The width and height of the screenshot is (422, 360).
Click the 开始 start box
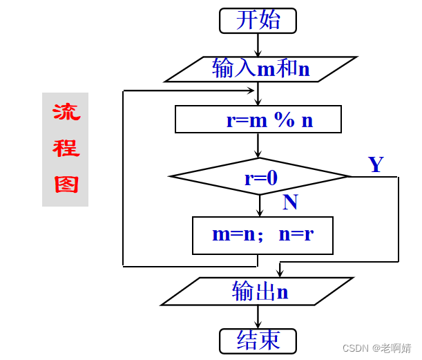click(258, 20)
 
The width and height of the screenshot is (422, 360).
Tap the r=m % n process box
click(258, 119)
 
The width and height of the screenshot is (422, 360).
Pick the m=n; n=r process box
click(262, 235)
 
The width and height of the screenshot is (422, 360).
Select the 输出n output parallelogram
click(257, 292)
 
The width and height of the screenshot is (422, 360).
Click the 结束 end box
click(258, 341)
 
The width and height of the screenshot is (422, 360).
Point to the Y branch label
click(376, 164)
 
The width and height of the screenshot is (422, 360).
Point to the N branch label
click(290, 202)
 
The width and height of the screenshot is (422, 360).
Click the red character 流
click(66, 111)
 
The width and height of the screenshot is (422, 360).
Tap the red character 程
click(66, 148)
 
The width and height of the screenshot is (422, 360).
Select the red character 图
click(66, 184)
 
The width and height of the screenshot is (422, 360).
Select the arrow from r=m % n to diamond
click(258, 146)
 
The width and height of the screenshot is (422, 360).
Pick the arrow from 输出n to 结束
click(258, 317)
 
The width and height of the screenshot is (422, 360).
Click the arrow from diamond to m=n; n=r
click(260, 206)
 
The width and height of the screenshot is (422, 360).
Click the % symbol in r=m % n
click(283, 120)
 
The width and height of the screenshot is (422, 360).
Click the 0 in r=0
click(271, 178)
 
